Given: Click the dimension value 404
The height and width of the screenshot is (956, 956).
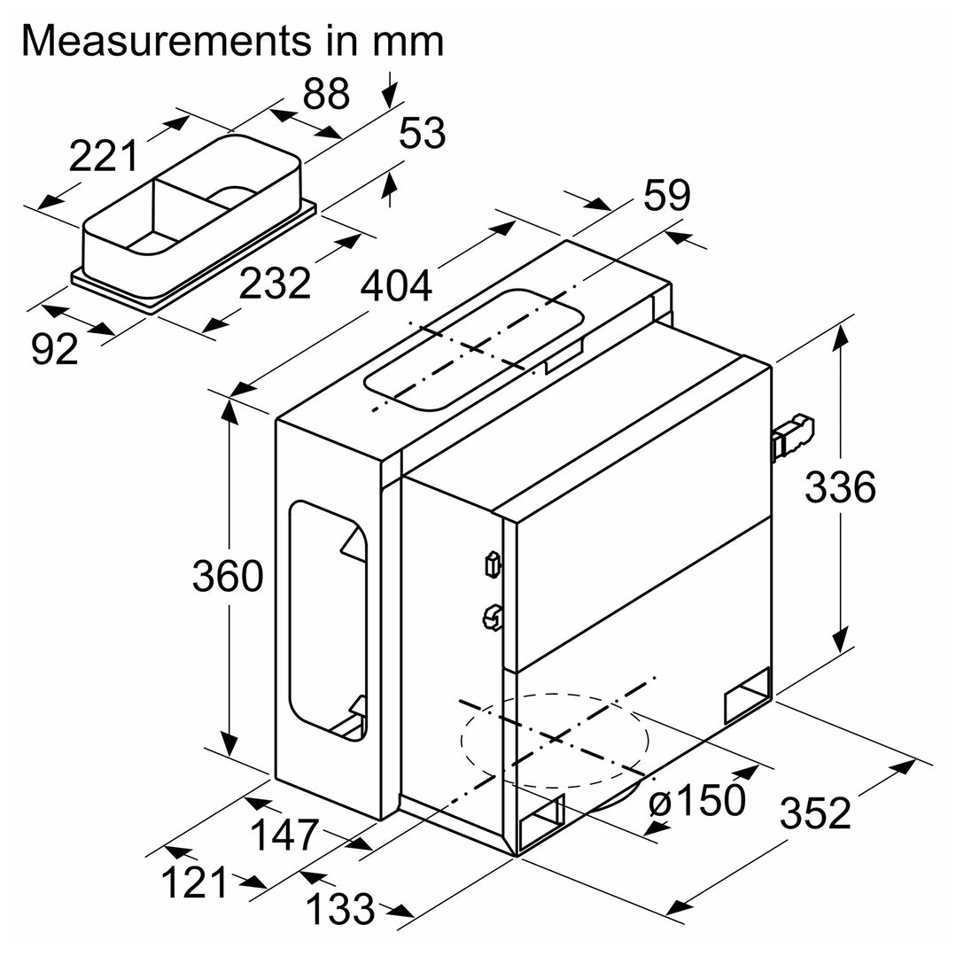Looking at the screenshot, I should pyautogui.click(x=396, y=286).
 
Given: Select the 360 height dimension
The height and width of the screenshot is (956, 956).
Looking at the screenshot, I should pyautogui.click(x=228, y=577).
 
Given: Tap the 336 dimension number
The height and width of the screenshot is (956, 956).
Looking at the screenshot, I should pyautogui.click(x=840, y=486).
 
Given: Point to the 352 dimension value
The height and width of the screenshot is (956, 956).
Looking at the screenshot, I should pyautogui.click(x=815, y=813).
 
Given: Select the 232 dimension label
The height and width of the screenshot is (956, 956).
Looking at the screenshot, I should pyautogui.click(x=276, y=284).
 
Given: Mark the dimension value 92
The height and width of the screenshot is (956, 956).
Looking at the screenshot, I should pyautogui.click(x=55, y=349).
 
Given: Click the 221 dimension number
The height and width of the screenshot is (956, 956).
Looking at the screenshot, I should pyautogui.click(x=105, y=157).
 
